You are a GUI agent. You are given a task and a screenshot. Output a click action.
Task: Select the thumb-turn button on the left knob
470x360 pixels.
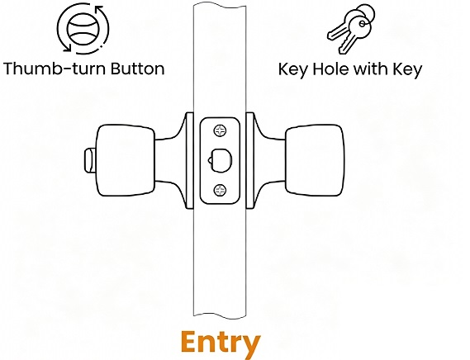(90, 160)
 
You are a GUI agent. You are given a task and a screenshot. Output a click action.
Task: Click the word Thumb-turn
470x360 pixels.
(55, 69)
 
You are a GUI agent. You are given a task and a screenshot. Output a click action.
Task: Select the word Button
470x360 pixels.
(138, 69)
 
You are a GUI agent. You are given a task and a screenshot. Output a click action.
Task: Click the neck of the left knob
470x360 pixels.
(170, 160)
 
